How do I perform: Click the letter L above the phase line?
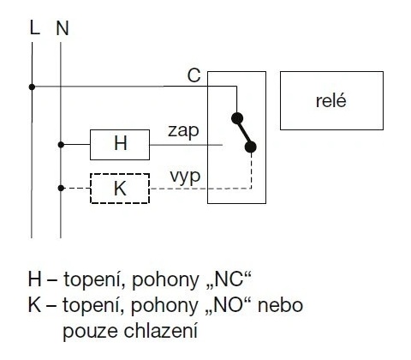pos(34,28)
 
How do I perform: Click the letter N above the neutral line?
pos(63,28)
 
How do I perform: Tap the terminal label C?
pos(194,75)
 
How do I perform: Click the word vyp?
pos(185,177)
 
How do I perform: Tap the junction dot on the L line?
pos(32,87)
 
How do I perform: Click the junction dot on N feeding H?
pos(61,145)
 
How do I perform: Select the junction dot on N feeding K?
pos(61,188)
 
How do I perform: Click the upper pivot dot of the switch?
pos(237,118)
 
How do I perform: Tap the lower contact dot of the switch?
pos(251,147)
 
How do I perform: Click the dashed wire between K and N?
pos(75,188)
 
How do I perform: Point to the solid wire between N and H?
pos(75,145)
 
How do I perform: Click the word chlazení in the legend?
pos(161,331)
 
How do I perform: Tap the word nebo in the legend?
pos(280,305)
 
